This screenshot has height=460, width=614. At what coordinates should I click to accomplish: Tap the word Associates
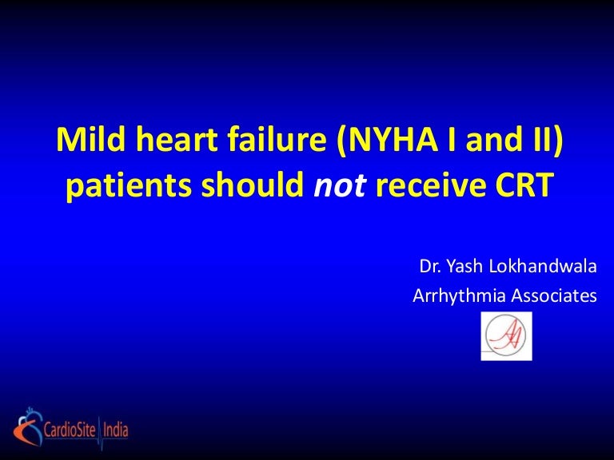coord(551,295)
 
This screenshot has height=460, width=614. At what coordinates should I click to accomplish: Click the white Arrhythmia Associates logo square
coord(506,335)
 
